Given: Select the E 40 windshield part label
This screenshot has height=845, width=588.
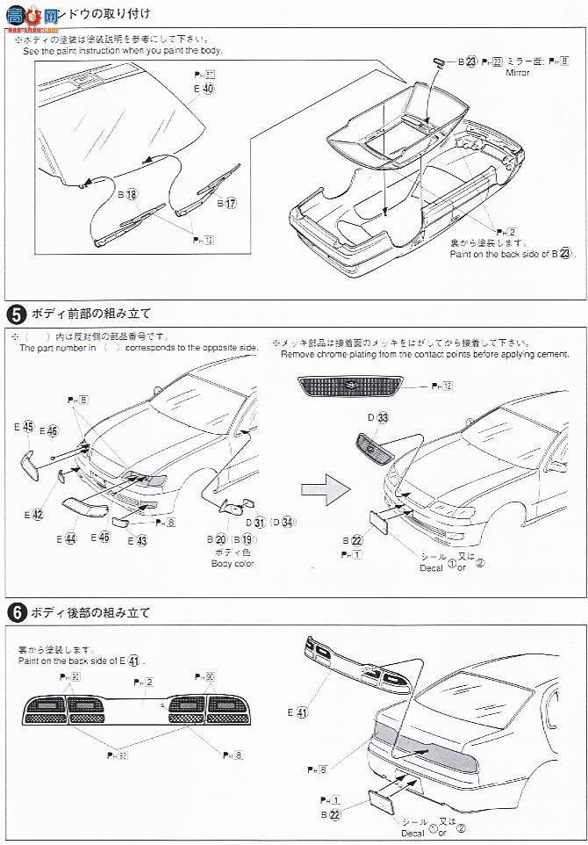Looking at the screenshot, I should (204, 89).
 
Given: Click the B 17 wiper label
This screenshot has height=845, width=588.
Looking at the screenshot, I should (226, 203).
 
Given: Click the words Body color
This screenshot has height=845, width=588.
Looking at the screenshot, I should (232, 563).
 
